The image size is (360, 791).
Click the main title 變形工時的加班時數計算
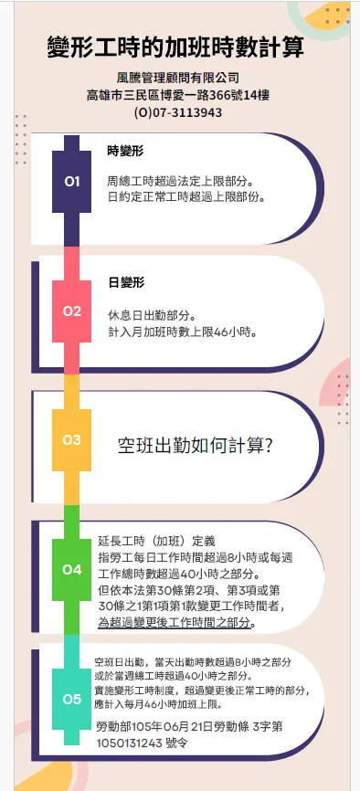coord(175,47)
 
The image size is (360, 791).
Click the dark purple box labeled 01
coord(72,181)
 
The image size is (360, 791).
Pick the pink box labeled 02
coord(72,311)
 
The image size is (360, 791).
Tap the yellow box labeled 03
coord(72,439)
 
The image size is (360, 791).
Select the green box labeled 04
coord(72,570)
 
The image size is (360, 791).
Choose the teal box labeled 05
coord(72,700)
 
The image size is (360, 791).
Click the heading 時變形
coord(125,151)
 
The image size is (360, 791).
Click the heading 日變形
coord(125,282)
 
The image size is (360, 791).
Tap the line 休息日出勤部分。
coord(153,314)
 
